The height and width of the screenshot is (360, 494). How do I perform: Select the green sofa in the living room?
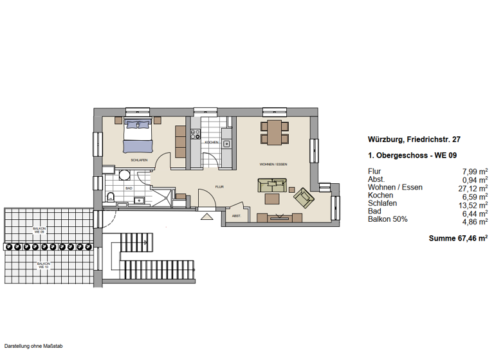(272, 186)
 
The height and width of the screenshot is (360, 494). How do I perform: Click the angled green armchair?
(302, 197)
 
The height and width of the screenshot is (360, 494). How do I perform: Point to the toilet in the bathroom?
(111, 197)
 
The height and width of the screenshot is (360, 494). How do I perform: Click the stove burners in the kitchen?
(195, 134)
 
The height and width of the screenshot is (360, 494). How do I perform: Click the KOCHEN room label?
(212, 142)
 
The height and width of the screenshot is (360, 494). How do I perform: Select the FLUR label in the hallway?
(219, 187)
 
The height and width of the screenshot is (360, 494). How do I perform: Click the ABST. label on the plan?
(236, 216)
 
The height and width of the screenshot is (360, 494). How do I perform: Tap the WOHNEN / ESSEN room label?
(273, 165)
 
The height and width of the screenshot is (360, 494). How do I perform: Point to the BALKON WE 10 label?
(44, 265)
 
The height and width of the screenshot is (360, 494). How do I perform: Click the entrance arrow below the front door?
(206, 217)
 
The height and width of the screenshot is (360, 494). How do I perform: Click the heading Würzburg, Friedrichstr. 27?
(414, 139)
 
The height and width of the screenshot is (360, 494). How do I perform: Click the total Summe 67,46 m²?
(458, 238)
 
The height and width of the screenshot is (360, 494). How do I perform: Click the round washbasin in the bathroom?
(125, 174)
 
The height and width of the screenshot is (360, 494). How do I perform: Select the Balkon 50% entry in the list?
(387, 219)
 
